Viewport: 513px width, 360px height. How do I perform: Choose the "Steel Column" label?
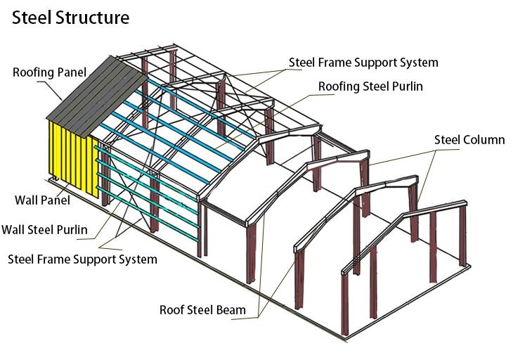[x=469, y=139]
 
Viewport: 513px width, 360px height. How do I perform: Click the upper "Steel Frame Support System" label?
[x=363, y=63]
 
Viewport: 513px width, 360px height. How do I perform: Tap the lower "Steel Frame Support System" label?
[x=82, y=259]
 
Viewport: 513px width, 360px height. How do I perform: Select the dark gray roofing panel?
[x=91, y=88]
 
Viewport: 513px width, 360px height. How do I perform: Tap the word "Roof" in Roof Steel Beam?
[x=172, y=309]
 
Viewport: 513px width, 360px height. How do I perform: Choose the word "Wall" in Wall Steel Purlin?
[x=13, y=229]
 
